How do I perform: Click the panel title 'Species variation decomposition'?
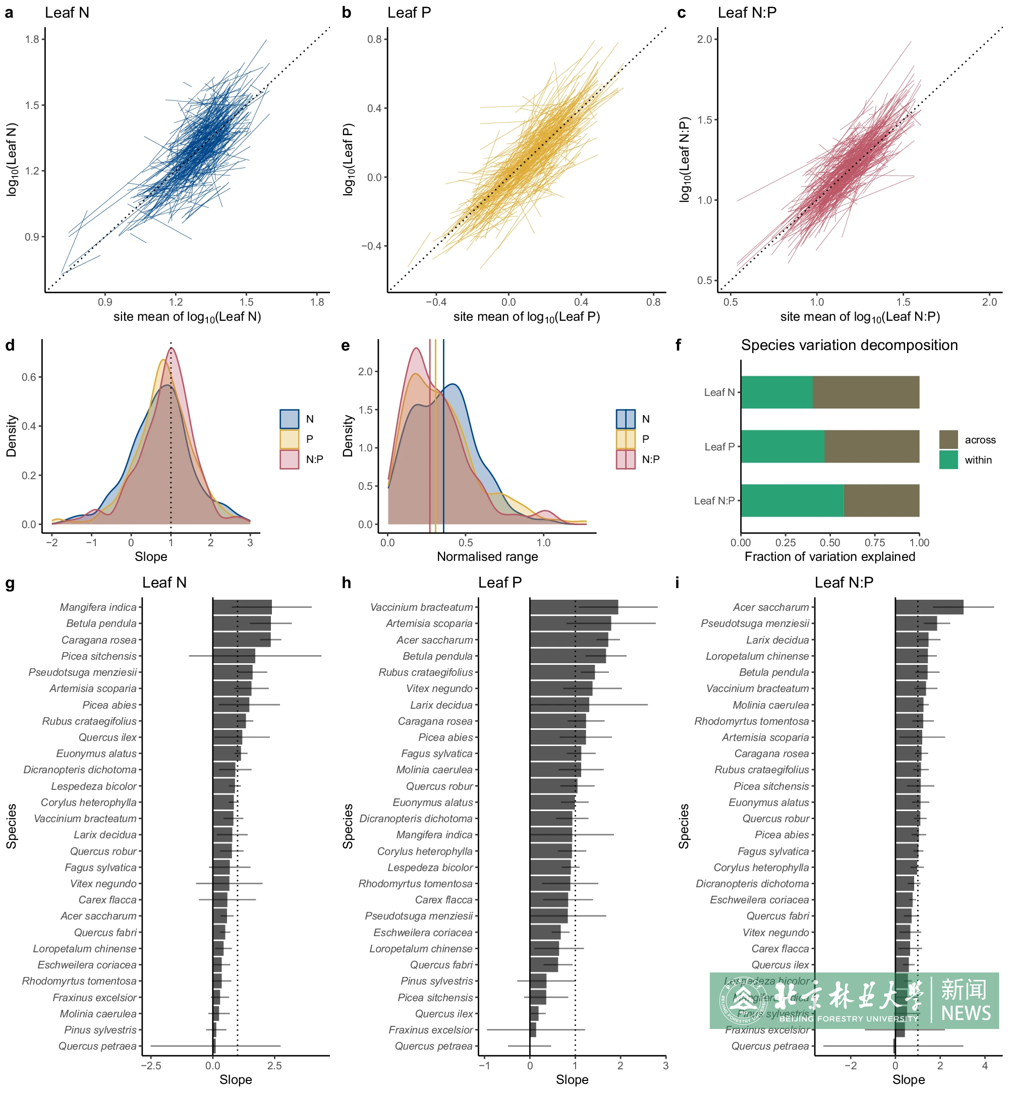point(849,345)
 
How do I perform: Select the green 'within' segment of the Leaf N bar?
point(776,392)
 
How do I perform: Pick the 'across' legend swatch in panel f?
point(948,439)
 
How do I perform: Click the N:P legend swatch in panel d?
point(290,459)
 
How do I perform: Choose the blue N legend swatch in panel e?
point(626,419)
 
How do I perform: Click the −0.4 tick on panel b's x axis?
point(436,302)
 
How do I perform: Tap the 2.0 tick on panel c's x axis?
point(989,302)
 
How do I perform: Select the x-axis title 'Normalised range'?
point(487,556)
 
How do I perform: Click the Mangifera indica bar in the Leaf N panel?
point(242,607)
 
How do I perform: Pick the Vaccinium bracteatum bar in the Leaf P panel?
point(573,607)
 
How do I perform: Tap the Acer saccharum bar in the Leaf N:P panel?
point(929,607)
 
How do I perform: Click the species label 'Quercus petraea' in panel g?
point(98,1046)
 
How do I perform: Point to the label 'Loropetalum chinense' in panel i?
point(757,656)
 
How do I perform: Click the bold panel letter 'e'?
point(346,346)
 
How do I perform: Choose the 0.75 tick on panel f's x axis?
point(875,542)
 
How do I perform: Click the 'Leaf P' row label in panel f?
point(719,446)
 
